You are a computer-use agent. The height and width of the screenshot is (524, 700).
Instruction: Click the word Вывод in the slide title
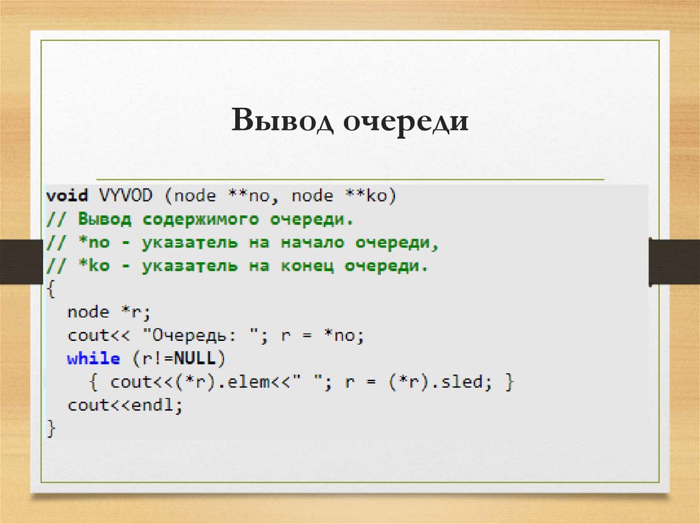tap(282, 121)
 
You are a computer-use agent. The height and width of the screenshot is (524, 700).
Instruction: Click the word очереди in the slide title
tap(405, 121)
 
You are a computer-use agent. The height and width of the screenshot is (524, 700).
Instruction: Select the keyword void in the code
tap(67, 196)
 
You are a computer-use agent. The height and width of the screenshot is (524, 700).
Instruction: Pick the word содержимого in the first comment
tap(202, 220)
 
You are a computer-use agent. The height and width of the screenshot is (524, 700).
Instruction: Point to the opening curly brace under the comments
tap(51, 290)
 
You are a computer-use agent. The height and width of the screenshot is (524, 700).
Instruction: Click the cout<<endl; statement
tap(126, 405)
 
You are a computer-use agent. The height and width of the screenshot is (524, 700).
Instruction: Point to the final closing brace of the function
tap(51, 428)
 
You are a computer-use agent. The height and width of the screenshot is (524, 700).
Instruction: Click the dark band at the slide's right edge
tap(674, 261)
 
